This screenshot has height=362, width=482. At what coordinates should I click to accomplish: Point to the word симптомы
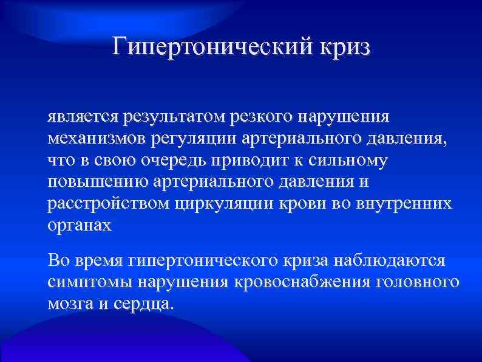[x=89, y=282]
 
